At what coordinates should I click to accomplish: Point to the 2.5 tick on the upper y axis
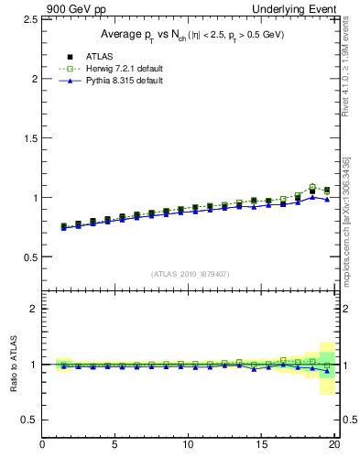(x=29, y=20)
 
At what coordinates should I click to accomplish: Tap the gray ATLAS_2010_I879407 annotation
(x=190, y=274)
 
